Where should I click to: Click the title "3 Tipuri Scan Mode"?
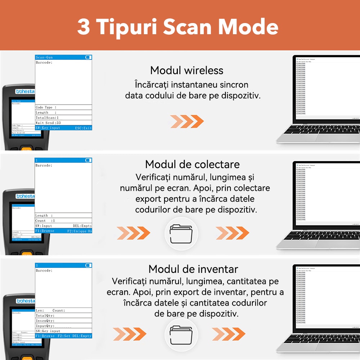pos(177,27)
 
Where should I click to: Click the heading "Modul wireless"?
pos(186,70)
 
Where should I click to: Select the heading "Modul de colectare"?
pos(192,165)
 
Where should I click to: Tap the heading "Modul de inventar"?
pos(193,269)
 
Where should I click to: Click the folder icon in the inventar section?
pos(181,334)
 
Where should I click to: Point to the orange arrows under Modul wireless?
pos(187,122)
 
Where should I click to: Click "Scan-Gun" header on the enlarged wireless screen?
pos(44,57)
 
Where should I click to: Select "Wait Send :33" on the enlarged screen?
pos(48,123)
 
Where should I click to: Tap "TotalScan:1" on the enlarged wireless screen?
pos(47,118)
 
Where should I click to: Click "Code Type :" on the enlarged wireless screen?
pos(46,107)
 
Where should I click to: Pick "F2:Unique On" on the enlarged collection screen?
pos(80,231)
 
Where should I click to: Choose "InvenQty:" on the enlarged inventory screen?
pos(45,320)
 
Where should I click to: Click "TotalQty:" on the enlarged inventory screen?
pos(45,315)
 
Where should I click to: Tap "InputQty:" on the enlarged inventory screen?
pos(45,326)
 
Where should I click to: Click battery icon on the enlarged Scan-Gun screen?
pos(88,57)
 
